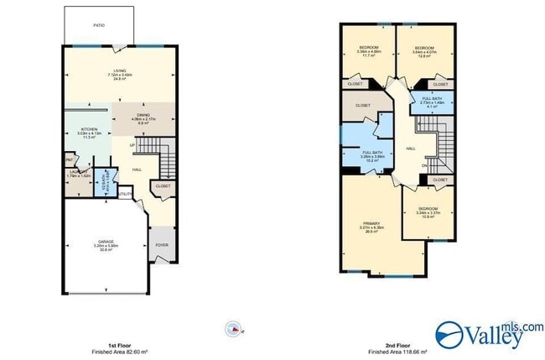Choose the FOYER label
pos(162,245)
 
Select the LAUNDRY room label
pos(74,174)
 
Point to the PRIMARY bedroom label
pos(372,226)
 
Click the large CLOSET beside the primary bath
pos(363,106)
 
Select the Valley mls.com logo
pos(489,333)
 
